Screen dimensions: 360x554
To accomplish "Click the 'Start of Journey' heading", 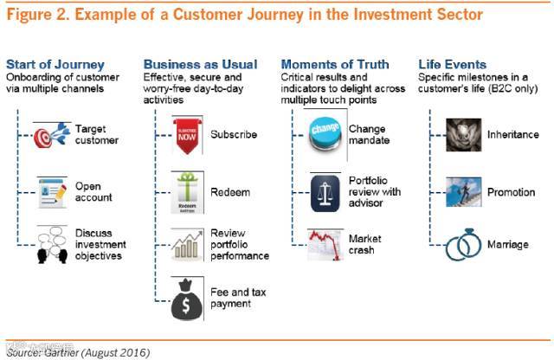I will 55,64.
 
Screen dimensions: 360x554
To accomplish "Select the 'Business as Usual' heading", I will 200,64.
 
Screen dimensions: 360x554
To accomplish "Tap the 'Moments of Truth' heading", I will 335,64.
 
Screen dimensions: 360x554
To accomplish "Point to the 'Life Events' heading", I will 452,64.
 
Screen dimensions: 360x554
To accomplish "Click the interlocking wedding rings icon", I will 463,245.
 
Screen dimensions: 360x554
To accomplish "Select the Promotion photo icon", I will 463,191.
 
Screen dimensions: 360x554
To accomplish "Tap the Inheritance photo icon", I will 463,135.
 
